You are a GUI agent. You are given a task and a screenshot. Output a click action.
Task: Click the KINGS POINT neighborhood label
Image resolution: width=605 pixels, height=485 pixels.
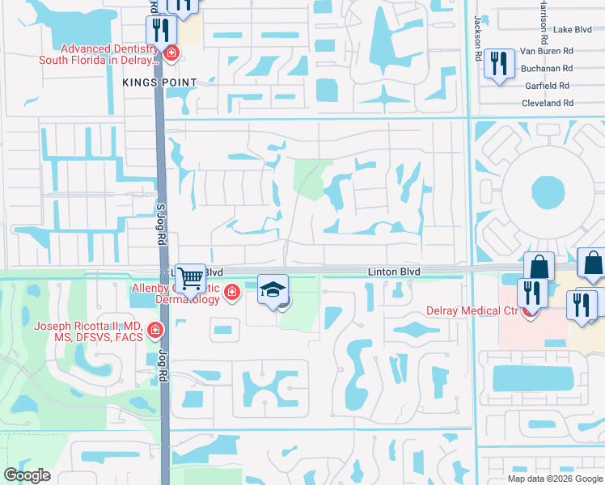click(159, 82)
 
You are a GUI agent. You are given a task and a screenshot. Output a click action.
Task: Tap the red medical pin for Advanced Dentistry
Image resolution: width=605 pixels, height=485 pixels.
click(171, 54)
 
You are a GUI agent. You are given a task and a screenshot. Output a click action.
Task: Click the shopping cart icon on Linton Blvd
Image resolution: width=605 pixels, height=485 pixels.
click(190, 278)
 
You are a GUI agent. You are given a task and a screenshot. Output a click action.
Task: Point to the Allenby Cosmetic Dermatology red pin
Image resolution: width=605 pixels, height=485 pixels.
click(232, 292)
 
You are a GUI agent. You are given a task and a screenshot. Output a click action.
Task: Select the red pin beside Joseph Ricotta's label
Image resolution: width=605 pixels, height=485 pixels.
click(154, 331)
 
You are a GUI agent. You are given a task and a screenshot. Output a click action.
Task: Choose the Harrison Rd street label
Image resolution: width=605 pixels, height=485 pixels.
click(543, 20)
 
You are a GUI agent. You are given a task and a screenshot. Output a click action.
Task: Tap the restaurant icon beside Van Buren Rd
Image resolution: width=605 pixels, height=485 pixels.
click(499, 63)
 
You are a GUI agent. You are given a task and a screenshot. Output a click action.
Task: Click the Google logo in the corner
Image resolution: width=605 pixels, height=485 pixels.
click(27, 475)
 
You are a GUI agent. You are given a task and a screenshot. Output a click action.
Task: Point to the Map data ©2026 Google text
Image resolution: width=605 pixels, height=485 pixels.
click(555, 478)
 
